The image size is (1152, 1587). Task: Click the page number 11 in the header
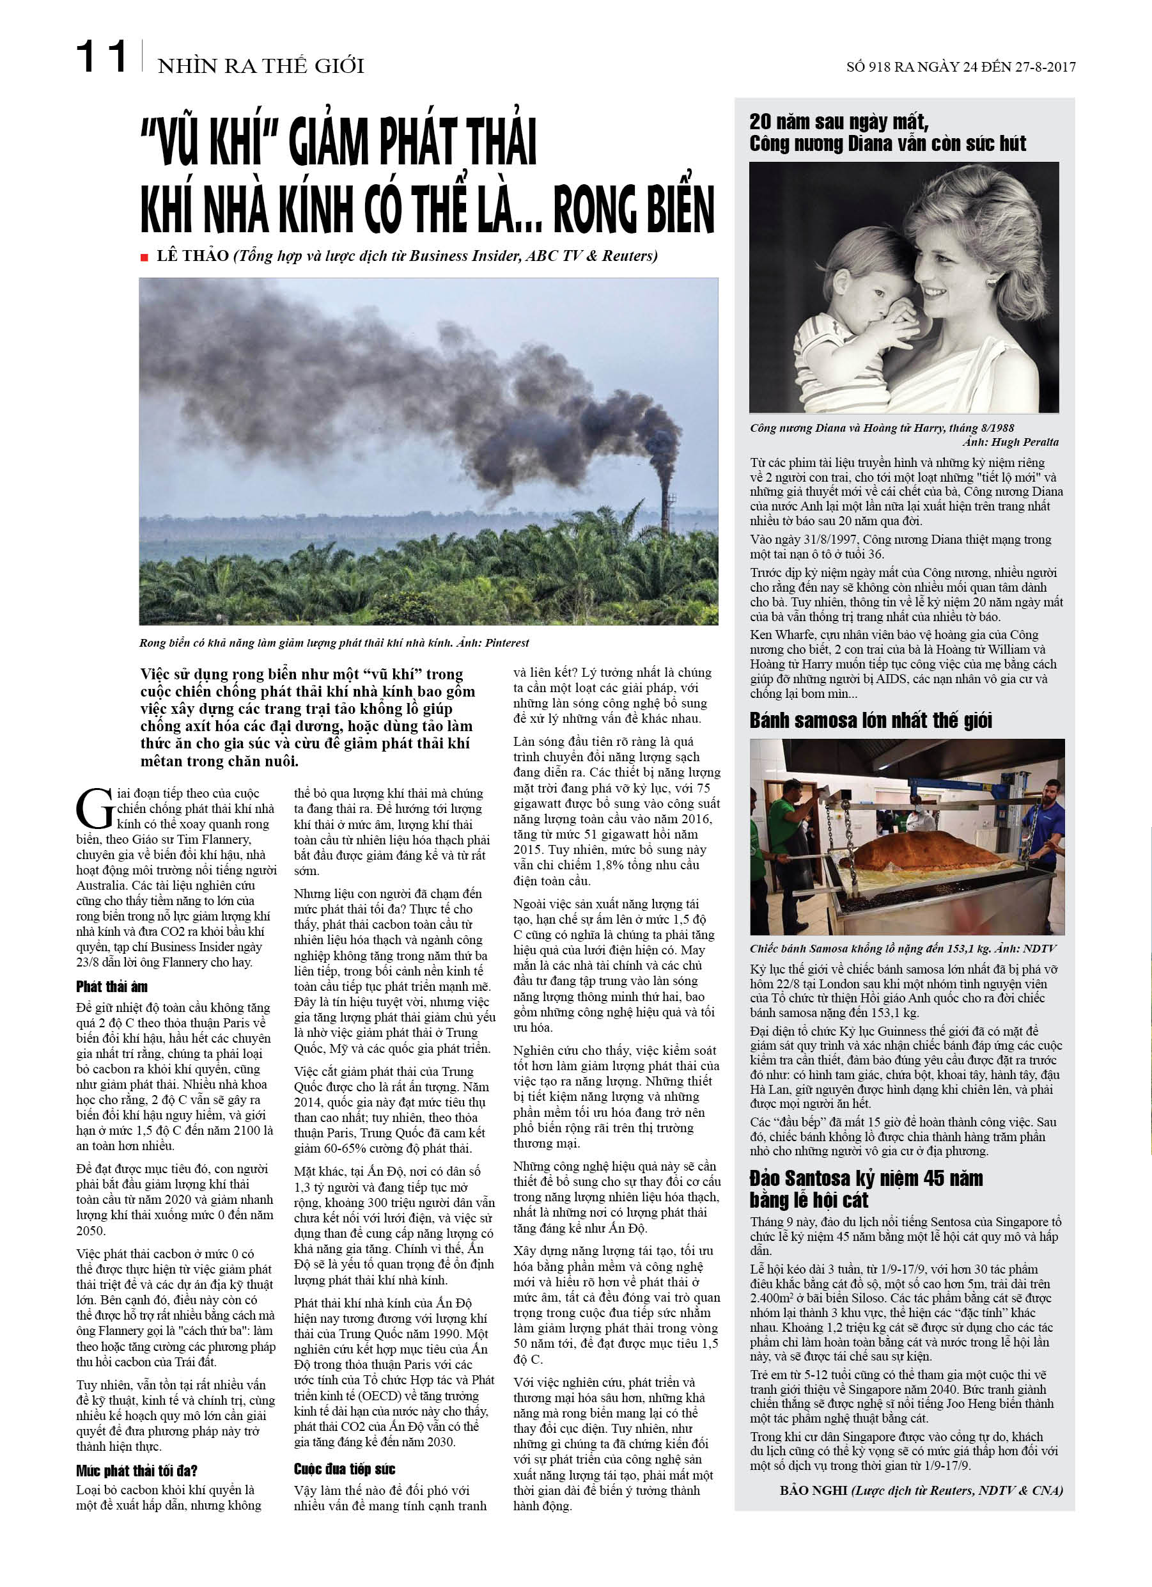[x=102, y=58]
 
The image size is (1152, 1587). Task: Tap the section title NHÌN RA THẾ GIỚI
[x=261, y=67]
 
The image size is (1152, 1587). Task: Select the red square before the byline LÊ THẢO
[x=144, y=258]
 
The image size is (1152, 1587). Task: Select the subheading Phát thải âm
[x=112, y=986]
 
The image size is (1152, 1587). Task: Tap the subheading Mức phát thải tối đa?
[x=136, y=1470]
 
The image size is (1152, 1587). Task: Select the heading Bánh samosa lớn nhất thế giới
[x=871, y=720]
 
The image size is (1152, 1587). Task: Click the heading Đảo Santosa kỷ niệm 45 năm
[x=866, y=1178]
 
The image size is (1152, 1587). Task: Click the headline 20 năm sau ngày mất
[x=839, y=122]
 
